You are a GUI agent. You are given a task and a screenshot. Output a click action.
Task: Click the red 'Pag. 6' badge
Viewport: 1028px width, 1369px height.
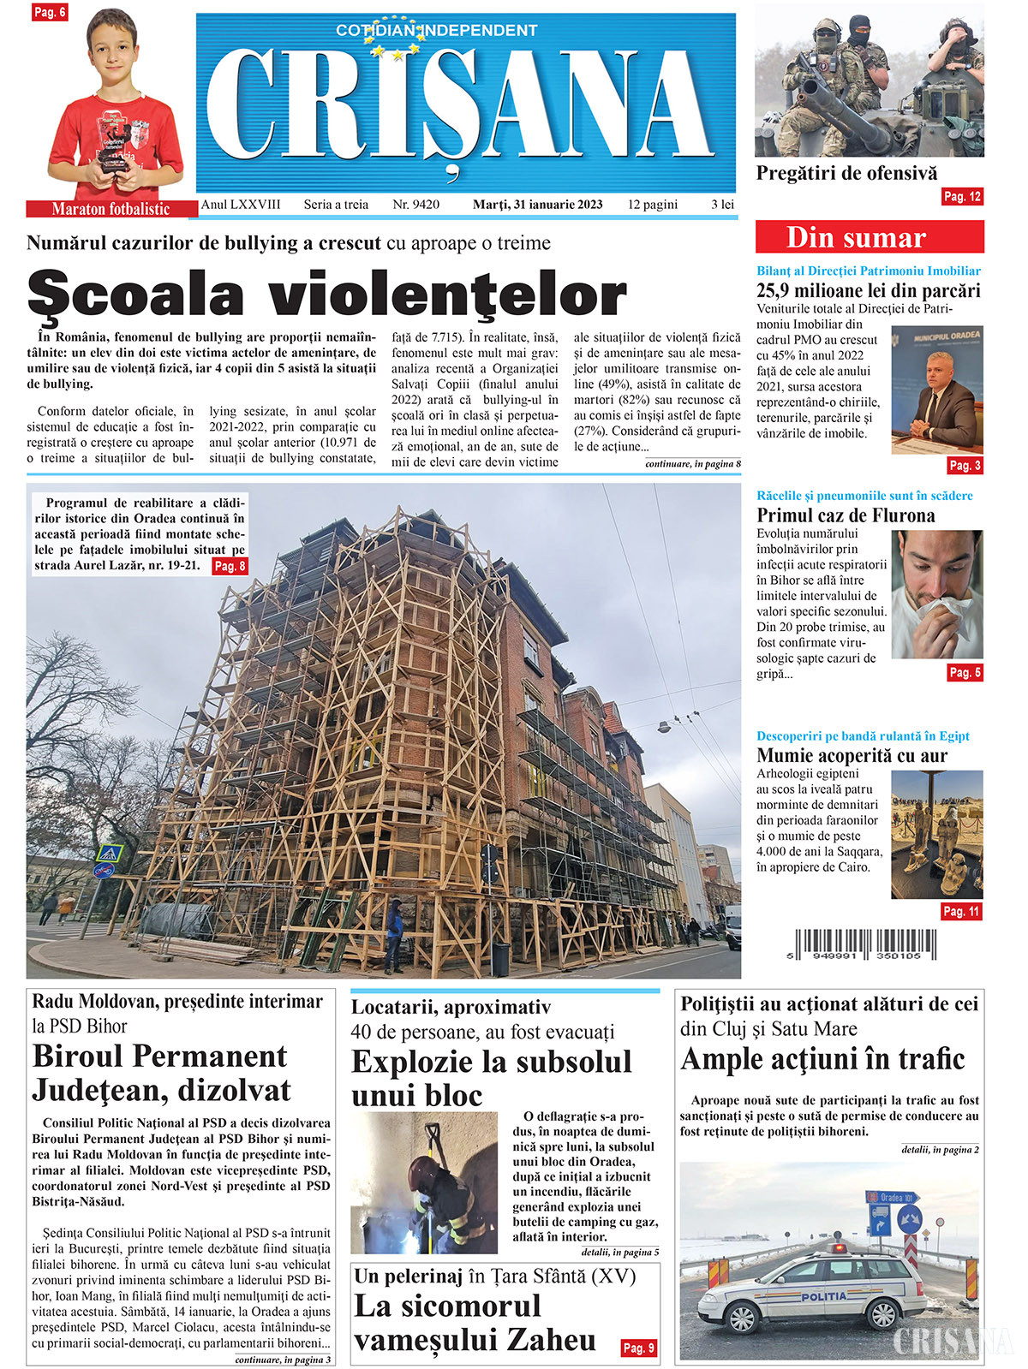(49, 12)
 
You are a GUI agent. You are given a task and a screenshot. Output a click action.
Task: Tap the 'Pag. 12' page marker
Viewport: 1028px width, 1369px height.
(961, 197)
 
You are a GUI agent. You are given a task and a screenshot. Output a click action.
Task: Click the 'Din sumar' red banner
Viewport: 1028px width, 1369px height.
(869, 237)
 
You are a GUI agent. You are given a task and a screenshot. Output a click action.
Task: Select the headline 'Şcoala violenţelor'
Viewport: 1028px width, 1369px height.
(326, 293)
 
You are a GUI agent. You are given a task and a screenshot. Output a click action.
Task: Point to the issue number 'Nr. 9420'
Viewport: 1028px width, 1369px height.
(415, 205)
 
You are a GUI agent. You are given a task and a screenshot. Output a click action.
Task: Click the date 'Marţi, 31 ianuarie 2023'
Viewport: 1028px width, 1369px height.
(537, 205)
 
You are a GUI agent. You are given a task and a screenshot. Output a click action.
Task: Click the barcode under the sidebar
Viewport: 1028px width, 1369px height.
(865, 944)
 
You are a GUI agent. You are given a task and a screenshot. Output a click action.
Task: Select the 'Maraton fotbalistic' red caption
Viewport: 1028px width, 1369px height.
(111, 209)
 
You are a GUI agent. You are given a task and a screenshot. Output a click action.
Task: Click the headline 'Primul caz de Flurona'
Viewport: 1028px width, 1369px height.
(845, 515)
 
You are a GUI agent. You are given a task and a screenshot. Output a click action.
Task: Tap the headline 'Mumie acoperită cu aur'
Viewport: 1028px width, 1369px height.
(852, 756)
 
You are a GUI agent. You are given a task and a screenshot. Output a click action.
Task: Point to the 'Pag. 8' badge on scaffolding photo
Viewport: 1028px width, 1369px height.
(230, 566)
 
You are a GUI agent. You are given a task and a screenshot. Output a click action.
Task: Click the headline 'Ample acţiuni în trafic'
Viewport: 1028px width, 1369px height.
(822, 1060)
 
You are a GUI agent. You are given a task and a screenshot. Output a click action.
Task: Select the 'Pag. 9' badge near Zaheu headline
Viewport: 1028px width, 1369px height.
(638, 1348)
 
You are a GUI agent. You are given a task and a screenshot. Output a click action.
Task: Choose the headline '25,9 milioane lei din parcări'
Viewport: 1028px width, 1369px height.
(868, 291)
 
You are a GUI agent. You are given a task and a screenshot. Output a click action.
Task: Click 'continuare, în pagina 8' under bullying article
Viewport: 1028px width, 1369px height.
(692, 464)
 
